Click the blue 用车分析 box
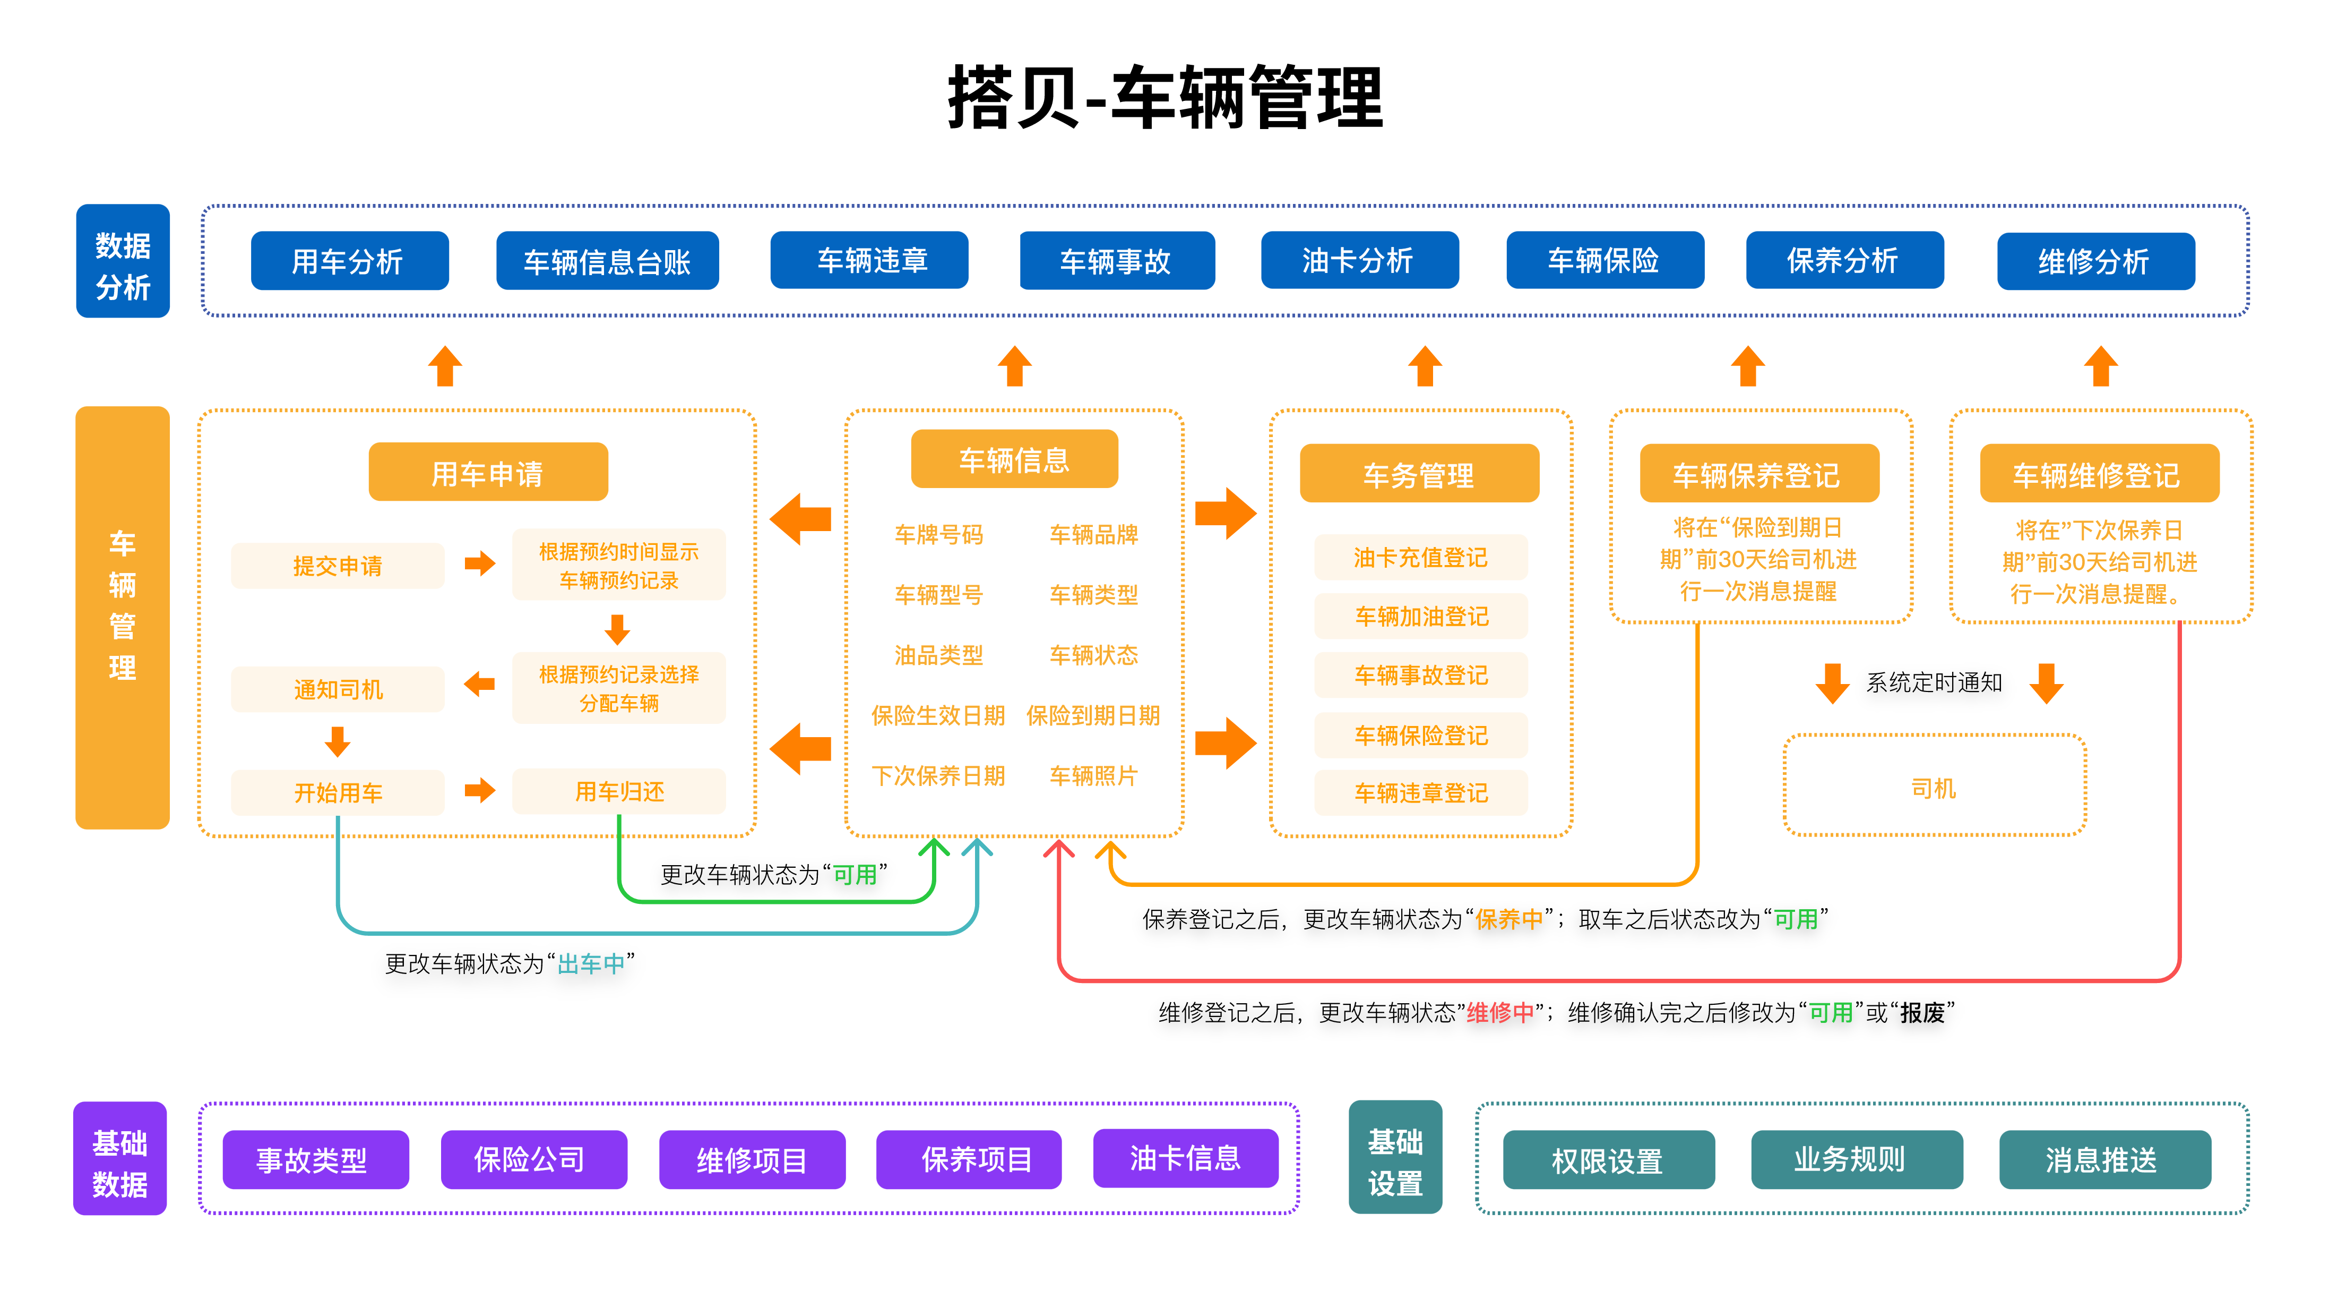click(349, 260)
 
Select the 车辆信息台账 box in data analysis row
click(607, 260)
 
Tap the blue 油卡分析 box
click(1359, 260)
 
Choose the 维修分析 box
click(2095, 261)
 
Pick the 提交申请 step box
click(337, 566)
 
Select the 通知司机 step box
click(337, 689)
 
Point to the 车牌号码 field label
click(938, 535)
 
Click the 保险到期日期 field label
click(1092, 715)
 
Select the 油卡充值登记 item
click(1420, 557)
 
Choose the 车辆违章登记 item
click(1420, 792)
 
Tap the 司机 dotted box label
click(1933, 788)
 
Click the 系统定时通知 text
click(1934, 683)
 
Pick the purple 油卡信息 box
click(1185, 1158)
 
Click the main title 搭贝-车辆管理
click(1164, 98)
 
